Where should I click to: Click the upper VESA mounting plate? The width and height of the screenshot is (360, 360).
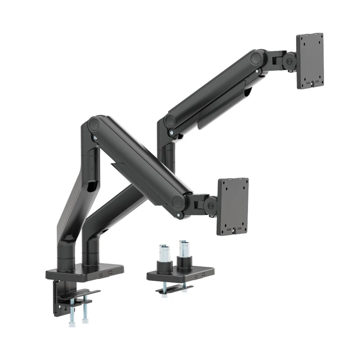click(x=310, y=60)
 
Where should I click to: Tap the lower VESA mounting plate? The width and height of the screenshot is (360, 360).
click(x=233, y=206)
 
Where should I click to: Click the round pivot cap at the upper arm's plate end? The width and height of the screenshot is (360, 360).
click(x=258, y=58)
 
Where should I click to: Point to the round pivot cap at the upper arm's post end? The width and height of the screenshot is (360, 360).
click(x=170, y=121)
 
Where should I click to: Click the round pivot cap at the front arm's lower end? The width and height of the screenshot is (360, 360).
click(x=180, y=202)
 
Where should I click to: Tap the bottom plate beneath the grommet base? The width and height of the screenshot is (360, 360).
click(x=174, y=289)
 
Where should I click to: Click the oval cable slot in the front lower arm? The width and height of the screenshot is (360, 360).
click(x=91, y=184)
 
